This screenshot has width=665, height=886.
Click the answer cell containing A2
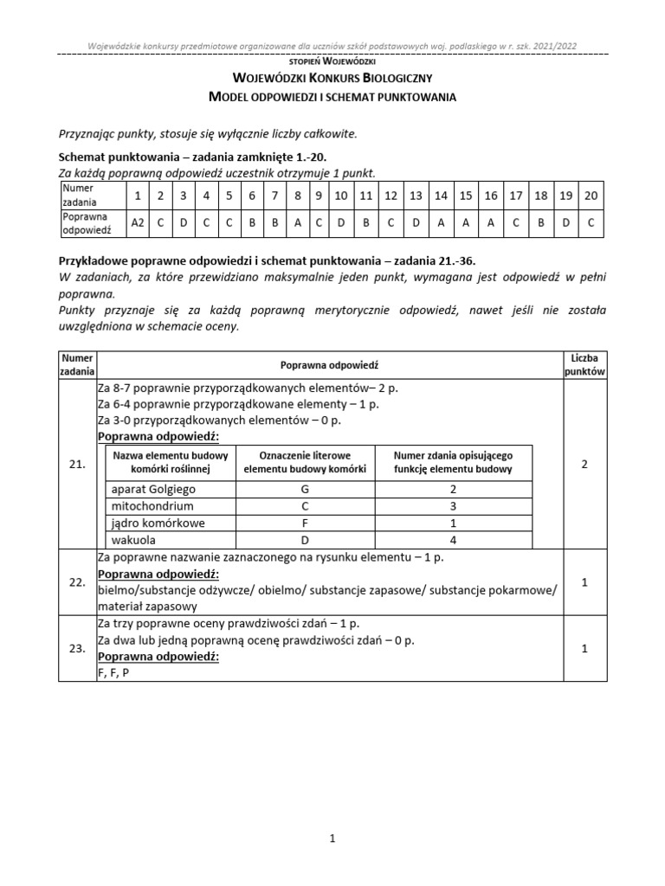137,222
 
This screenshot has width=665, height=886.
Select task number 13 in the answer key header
416,196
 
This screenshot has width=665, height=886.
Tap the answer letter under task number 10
341,222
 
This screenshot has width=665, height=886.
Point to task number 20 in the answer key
591,196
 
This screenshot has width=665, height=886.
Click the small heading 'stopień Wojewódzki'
332,62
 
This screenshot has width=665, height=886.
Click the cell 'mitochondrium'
152,506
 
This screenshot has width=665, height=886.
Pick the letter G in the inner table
305,489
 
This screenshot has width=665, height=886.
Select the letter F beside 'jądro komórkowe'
305,523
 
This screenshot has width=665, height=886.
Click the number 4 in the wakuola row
453,540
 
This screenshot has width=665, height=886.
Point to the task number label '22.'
76,582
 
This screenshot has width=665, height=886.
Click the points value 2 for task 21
584,465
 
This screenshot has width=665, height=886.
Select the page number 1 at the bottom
332,838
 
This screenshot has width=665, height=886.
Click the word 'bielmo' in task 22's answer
117,590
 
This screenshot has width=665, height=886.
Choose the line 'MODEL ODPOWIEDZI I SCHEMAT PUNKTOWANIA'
332,97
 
